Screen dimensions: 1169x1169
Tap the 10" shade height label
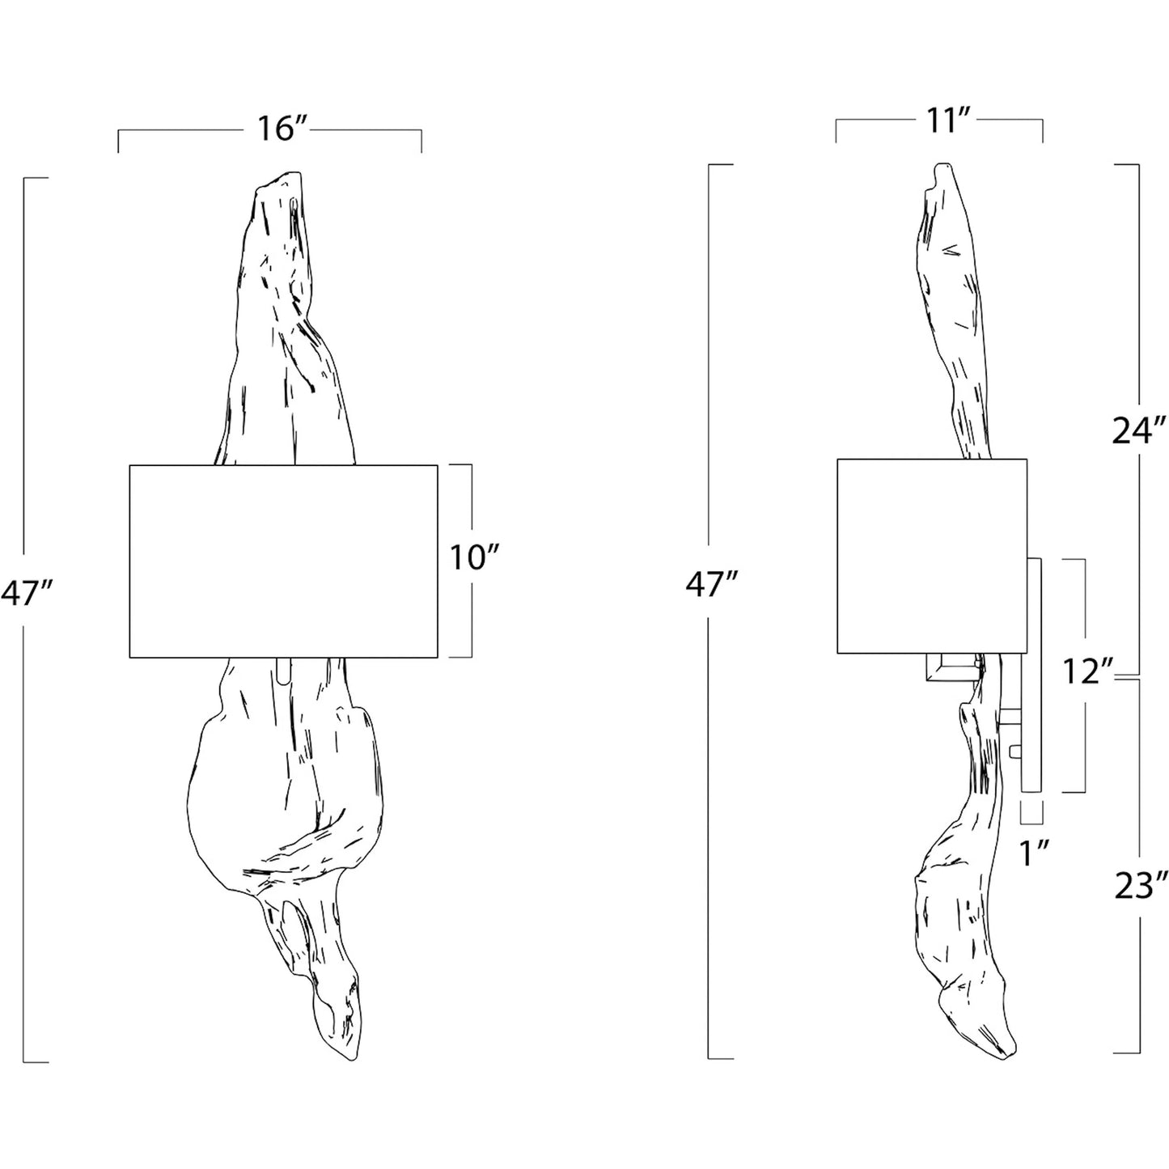tap(475, 557)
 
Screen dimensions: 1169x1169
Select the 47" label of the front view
tap(25, 593)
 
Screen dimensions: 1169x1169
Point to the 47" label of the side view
tap(712, 586)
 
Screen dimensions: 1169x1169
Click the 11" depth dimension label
tap(947, 122)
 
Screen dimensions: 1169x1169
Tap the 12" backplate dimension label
tap(1088, 671)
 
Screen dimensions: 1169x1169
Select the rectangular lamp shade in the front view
tap(283, 561)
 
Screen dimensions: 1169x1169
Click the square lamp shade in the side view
tap(932, 556)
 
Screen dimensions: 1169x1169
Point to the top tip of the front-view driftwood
tap(298, 172)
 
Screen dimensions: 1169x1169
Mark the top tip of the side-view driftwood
tap(942, 163)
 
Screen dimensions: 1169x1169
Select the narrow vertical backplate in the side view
tap(1032, 676)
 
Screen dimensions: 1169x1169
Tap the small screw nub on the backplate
tap(1014, 752)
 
